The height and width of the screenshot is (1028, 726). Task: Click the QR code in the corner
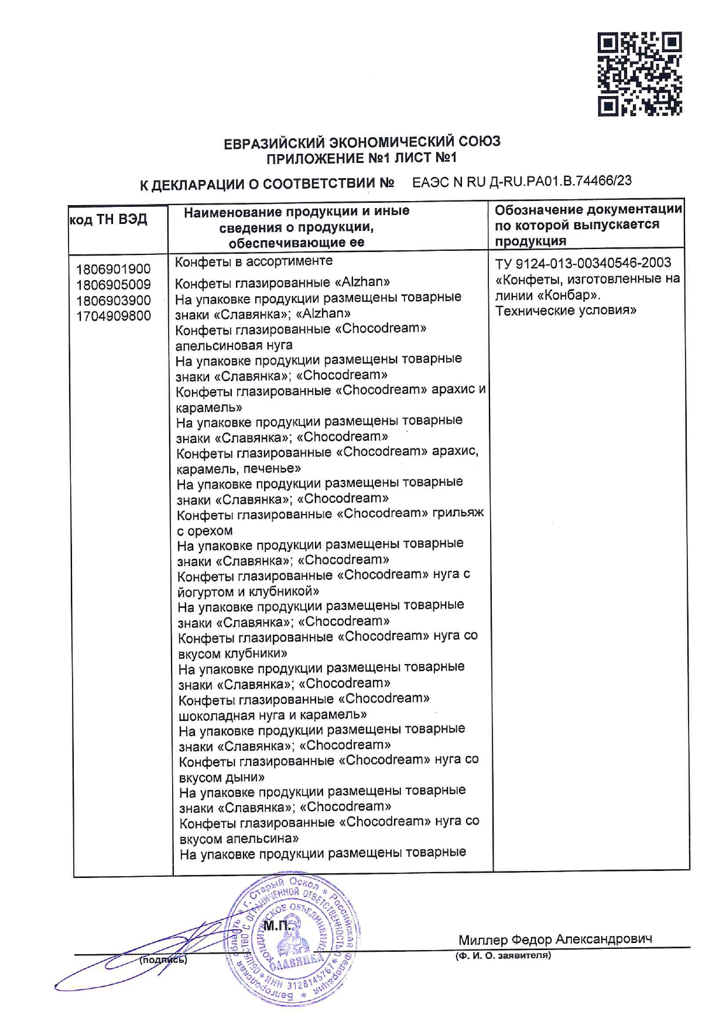(x=640, y=74)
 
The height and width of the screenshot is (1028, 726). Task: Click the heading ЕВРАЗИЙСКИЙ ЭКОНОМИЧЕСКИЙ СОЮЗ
(x=362, y=142)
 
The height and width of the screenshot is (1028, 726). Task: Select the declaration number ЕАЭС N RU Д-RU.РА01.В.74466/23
(x=522, y=182)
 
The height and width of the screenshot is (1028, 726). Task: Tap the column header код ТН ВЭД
(x=108, y=220)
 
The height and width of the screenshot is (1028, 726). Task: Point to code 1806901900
(x=113, y=269)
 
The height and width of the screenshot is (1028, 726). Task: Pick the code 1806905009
(x=113, y=285)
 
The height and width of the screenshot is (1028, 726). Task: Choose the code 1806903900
(x=113, y=301)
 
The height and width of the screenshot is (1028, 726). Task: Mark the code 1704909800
(x=113, y=316)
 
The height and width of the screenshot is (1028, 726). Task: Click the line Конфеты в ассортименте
(x=254, y=261)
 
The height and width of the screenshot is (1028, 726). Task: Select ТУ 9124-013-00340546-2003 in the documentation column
(x=583, y=263)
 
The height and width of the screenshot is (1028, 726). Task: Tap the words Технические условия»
(x=566, y=311)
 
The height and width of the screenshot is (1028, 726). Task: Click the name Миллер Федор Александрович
(x=555, y=940)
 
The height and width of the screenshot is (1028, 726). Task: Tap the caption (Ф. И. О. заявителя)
(x=504, y=956)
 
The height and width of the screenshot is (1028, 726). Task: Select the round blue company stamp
(x=290, y=938)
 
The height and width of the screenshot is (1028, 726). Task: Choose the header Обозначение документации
(x=588, y=210)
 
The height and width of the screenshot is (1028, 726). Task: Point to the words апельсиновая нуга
(x=234, y=345)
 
